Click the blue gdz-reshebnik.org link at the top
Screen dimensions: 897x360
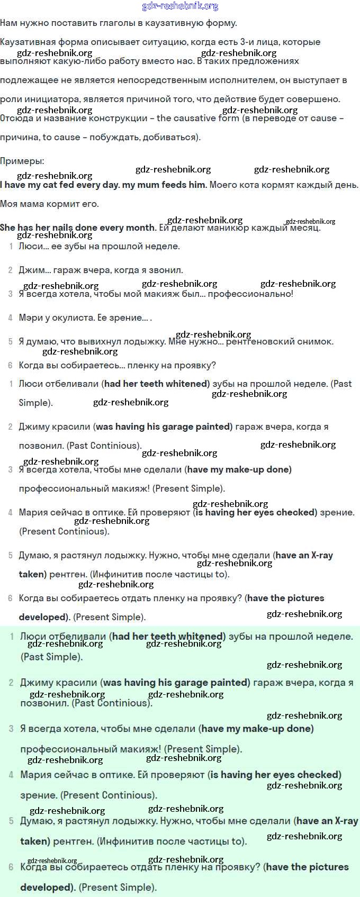(180, 6)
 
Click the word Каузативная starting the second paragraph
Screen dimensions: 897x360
(25, 42)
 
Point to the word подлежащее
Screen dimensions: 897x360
(26, 80)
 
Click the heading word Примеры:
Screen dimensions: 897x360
(22, 161)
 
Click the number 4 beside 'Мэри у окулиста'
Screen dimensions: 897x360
(10, 318)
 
